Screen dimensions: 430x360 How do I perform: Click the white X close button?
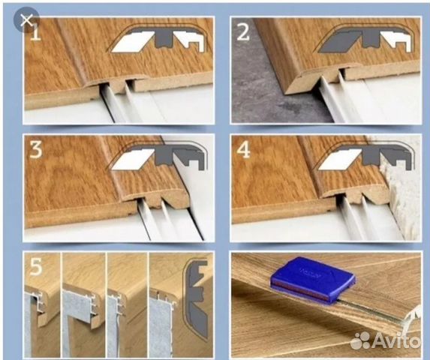click(26, 20)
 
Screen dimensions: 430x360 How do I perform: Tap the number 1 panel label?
click(35, 33)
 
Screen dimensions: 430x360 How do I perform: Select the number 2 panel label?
click(243, 32)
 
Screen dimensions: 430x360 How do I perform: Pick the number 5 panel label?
click(36, 267)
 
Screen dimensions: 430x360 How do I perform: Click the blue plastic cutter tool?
click(313, 280)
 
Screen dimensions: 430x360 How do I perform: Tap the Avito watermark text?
click(397, 340)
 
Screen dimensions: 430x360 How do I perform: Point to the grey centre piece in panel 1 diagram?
click(164, 38)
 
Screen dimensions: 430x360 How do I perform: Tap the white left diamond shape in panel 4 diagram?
click(340, 159)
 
